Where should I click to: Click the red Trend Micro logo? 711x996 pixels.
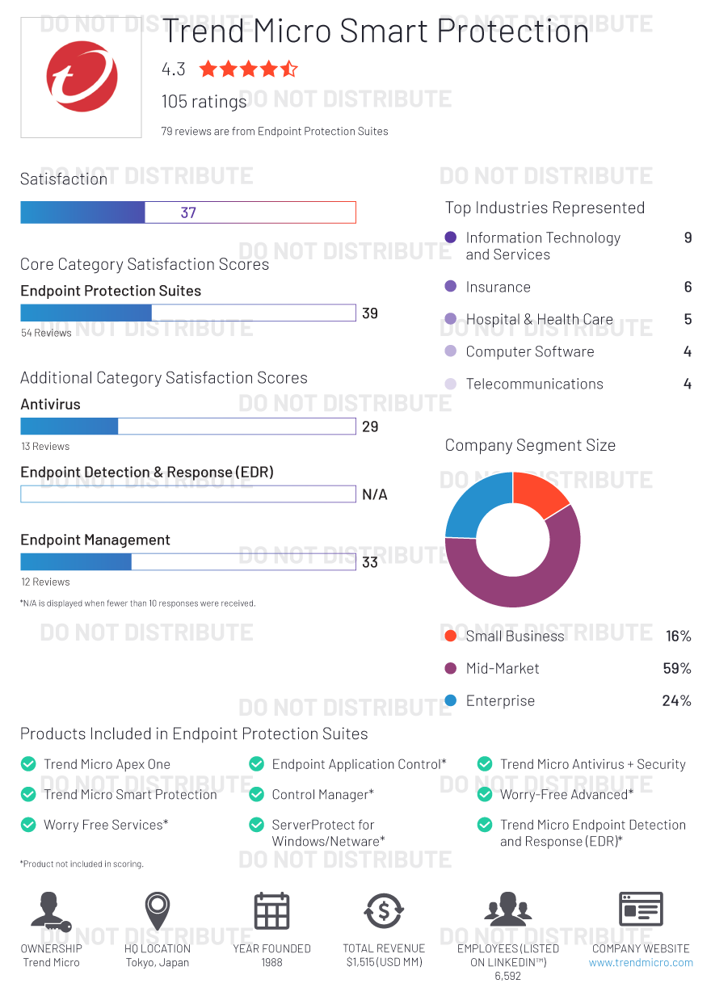pyautogui.click(x=82, y=78)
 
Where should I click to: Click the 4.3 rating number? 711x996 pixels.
pyautogui.click(x=173, y=69)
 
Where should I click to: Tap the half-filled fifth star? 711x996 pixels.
pyautogui.click(x=288, y=69)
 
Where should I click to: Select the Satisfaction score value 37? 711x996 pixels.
pyautogui.click(x=188, y=213)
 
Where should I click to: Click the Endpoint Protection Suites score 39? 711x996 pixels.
pyautogui.click(x=370, y=313)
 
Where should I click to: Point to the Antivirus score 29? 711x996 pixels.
pyautogui.click(x=370, y=427)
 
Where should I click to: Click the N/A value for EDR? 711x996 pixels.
pyautogui.click(x=374, y=494)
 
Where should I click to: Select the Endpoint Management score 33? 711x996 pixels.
pyautogui.click(x=370, y=562)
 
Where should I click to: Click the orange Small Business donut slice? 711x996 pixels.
pyautogui.click(x=540, y=494)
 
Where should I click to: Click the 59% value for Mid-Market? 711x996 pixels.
pyautogui.click(x=676, y=669)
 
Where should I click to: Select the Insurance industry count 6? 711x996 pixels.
pyautogui.click(x=688, y=288)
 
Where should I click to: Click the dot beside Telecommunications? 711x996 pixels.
pyautogui.click(x=451, y=385)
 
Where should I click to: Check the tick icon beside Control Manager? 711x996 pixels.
pyautogui.click(x=257, y=795)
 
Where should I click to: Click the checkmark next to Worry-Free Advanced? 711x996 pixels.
pyautogui.click(x=485, y=795)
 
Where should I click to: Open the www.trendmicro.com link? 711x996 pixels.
pyautogui.click(x=641, y=963)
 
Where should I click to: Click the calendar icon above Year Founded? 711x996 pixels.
pyautogui.click(x=271, y=911)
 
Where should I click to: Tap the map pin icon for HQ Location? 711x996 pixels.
pyautogui.click(x=158, y=911)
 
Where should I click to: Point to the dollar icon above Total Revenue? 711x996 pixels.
pyautogui.click(x=384, y=911)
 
